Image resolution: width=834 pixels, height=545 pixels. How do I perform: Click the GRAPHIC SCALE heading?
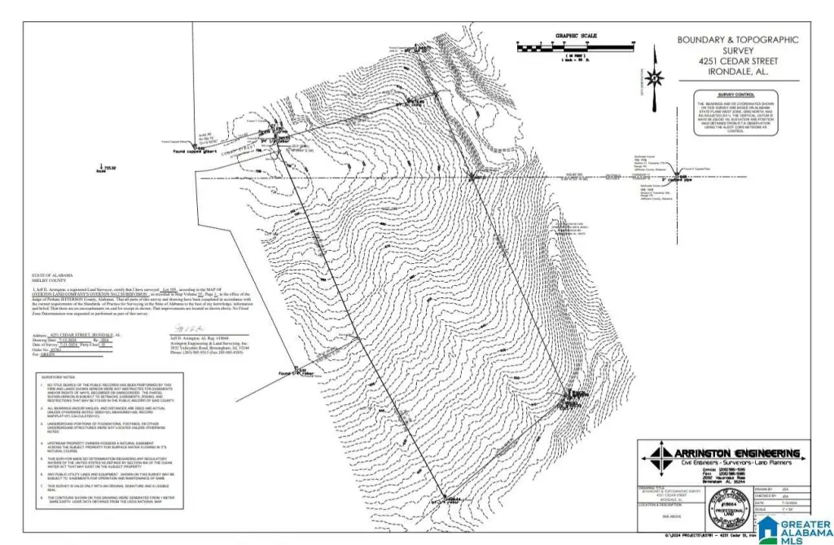(576, 36)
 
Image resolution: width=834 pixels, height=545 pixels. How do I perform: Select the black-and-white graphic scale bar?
(577, 47)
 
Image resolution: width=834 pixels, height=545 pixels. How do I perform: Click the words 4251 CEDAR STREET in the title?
(738, 61)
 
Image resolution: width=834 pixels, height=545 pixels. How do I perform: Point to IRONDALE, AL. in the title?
(738, 72)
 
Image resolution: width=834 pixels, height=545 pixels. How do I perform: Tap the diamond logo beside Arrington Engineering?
(652, 455)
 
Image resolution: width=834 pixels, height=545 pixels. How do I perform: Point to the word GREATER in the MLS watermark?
(803, 523)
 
